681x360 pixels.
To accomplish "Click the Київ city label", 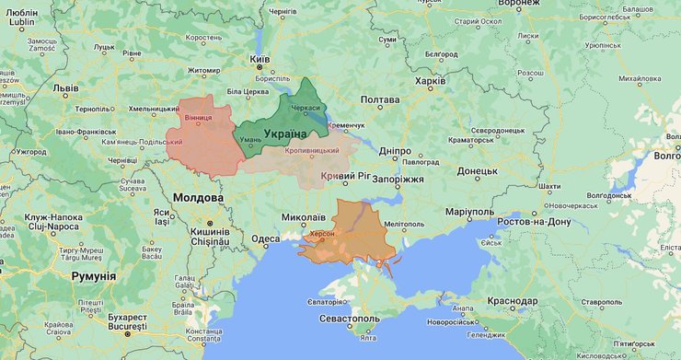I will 260,57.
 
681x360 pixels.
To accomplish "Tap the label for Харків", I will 430,81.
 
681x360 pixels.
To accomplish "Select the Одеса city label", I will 265,238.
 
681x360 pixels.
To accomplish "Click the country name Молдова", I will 197,198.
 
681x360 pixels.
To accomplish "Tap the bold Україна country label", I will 286,134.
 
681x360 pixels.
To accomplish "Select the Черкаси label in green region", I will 305,107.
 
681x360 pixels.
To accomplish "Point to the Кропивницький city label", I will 312,150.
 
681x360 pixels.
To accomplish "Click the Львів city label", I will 65,88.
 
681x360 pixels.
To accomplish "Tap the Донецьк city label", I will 477,170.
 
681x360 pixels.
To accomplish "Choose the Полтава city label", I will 379,99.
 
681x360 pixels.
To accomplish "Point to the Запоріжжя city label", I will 398,179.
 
